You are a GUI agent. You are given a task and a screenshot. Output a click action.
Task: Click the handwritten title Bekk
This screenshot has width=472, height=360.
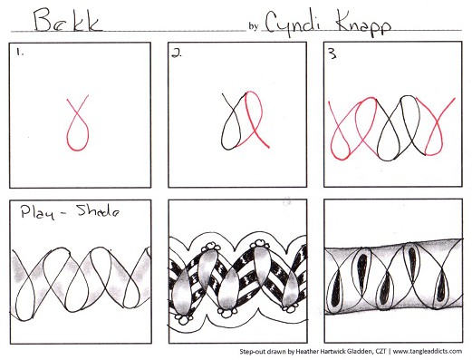pos(67,20)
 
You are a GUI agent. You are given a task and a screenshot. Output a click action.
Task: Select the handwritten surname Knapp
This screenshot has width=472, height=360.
pos(363,25)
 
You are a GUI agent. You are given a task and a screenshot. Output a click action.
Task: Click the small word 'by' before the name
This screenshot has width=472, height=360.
pos(253,26)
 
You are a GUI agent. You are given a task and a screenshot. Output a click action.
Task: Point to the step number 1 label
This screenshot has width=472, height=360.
pos(20,53)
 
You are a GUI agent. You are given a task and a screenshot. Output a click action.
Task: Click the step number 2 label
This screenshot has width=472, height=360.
pos(177,54)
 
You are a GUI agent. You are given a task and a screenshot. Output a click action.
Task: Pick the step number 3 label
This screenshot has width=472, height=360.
pos(332,54)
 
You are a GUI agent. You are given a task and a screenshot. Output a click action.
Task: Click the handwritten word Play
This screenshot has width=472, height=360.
pos(38,213)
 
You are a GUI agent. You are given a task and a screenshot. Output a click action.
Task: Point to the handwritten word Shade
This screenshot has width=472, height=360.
pos(98,210)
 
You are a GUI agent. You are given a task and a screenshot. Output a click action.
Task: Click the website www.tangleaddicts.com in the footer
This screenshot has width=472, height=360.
pos(428,351)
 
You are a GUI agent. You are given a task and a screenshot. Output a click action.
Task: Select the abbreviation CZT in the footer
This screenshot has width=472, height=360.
pos(380,351)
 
